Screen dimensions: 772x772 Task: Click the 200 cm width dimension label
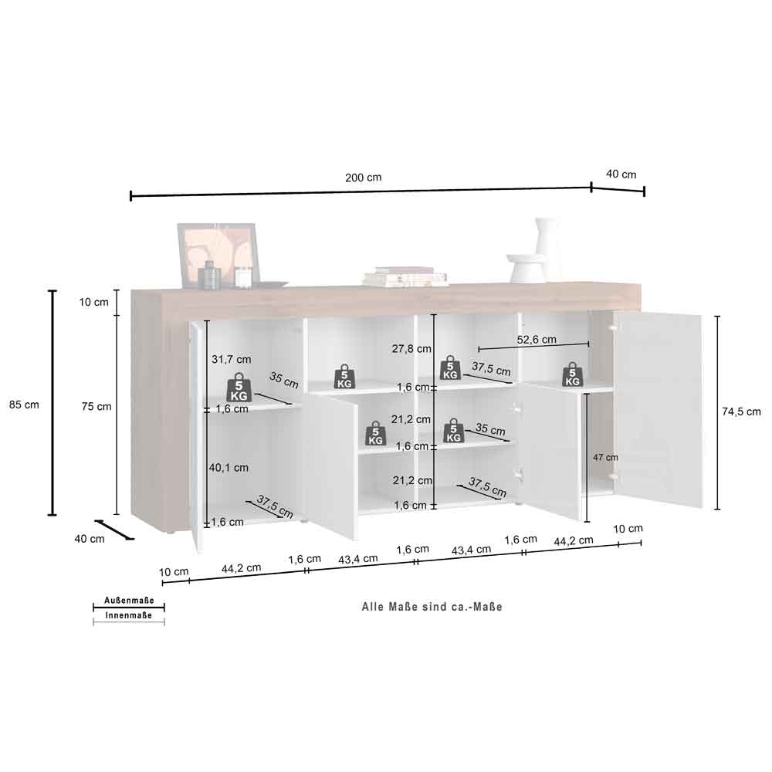coord(363,178)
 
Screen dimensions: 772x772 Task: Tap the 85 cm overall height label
coord(24,405)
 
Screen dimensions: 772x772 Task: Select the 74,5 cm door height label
coord(741,411)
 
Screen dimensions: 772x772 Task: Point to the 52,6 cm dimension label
coord(537,339)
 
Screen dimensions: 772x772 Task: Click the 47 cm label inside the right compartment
coord(605,457)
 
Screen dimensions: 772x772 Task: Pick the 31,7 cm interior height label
coord(232,360)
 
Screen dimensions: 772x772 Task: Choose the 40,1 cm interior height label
coord(229,468)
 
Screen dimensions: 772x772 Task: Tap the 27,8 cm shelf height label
coord(411,349)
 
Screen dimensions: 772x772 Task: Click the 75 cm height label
coord(96,407)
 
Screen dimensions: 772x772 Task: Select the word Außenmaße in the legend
coord(129,600)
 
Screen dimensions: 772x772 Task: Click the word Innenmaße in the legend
coord(128,615)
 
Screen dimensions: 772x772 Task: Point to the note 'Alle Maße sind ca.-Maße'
coord(432,607)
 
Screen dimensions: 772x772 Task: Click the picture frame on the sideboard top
coord(219,254)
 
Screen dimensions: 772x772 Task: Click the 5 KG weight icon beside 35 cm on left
coord(239,387)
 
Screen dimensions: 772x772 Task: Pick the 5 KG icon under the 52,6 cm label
coord(572,374)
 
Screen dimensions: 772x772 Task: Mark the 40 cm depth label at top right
coord(621,174)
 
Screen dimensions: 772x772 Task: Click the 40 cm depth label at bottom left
coord(89,539)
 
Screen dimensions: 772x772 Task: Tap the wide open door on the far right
coord(659,411)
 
